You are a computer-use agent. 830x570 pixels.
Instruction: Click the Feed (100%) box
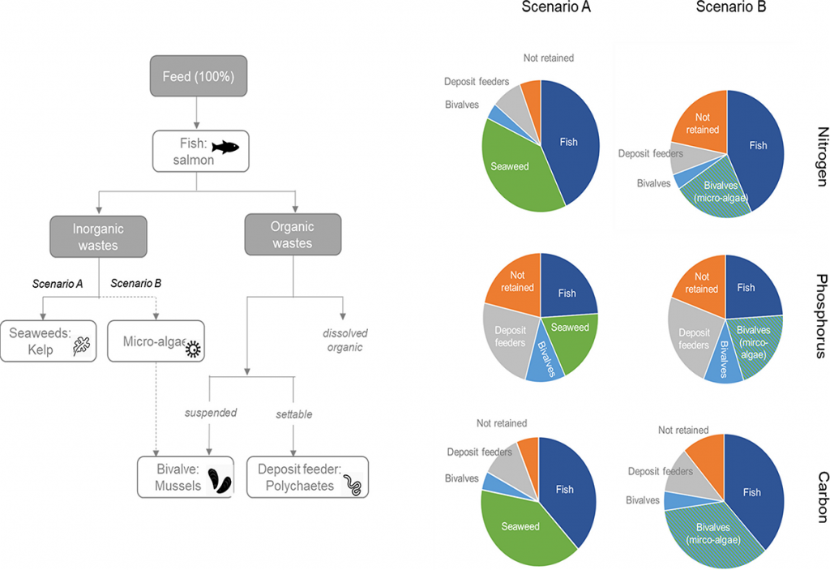pyautogui.click(x=199, y=78)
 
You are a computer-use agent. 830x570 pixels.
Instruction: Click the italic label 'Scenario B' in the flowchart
pyautogui.click(x=135, y=284)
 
